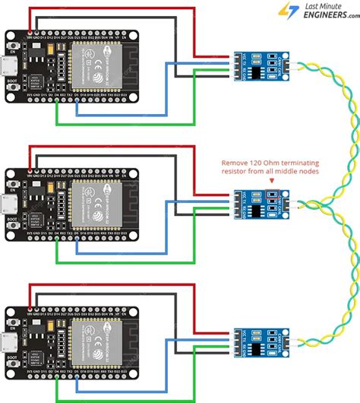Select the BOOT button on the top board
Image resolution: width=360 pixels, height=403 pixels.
coord(13,89)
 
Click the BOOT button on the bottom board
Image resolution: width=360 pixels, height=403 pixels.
coord(13,364)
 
